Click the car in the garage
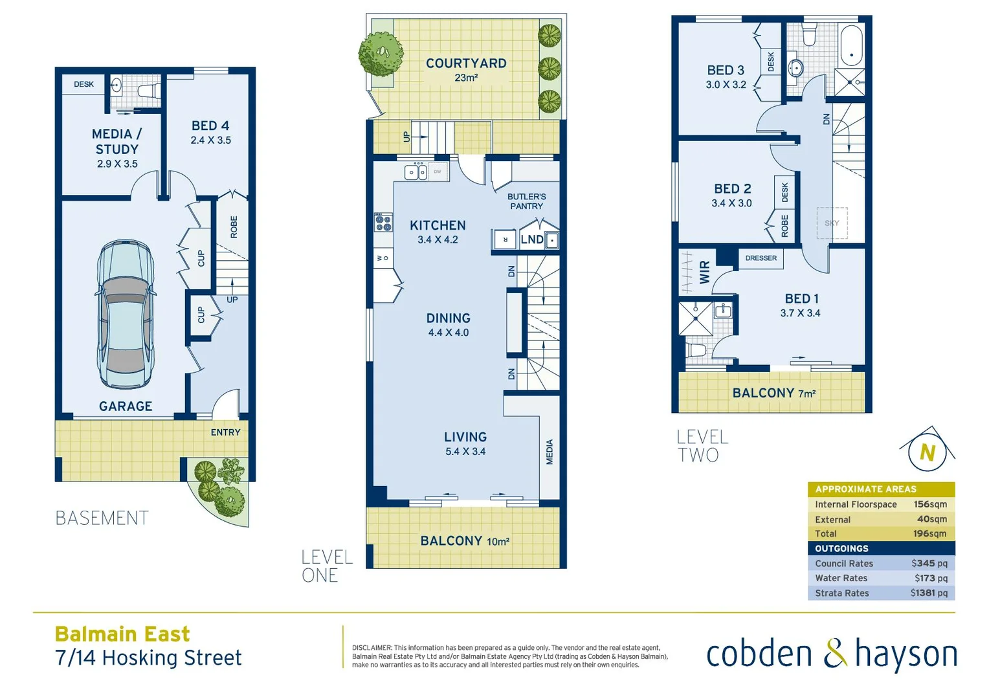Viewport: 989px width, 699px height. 126,315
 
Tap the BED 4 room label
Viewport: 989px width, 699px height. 210,126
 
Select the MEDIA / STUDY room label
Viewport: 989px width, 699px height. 117,141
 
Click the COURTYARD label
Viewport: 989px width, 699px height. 466,63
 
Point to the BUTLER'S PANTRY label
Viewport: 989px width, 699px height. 526,201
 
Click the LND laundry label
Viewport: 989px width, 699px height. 532,239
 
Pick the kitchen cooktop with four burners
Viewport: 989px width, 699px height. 383,223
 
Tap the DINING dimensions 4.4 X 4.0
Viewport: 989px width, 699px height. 449,333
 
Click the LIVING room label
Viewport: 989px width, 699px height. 465,438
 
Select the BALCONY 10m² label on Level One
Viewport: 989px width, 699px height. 465,541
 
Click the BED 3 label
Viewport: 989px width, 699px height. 726,71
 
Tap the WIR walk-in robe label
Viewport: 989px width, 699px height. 705,272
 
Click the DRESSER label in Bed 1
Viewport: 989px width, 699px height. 761,258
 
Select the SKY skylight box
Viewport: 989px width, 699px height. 832,223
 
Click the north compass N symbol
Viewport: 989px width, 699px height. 928,452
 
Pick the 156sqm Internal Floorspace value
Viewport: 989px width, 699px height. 930,504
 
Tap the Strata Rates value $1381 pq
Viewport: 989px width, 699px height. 929,593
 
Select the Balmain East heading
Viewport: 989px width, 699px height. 122,634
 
